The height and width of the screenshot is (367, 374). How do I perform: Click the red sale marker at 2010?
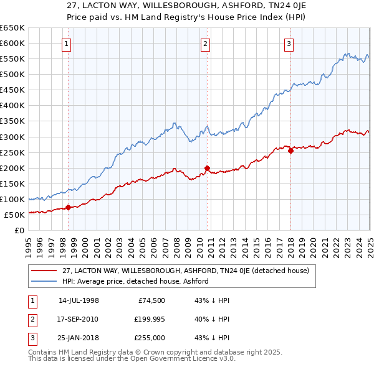click(207, 168)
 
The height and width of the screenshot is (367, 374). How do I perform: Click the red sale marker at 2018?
click(290, 151)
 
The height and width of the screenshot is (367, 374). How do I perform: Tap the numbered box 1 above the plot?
click(66, 44)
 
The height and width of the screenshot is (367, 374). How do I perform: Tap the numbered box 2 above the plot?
click(205, 44)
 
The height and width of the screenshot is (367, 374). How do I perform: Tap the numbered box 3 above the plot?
click(289, 44)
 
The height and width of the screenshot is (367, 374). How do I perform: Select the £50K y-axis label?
click(15, 215)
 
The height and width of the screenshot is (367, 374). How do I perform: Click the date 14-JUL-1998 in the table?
click(79, 300)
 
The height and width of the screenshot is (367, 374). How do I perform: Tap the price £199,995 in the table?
click(148, 319)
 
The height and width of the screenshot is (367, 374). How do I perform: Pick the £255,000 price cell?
click(148, 338)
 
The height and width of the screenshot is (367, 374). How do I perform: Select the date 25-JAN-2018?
click(79, 338)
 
